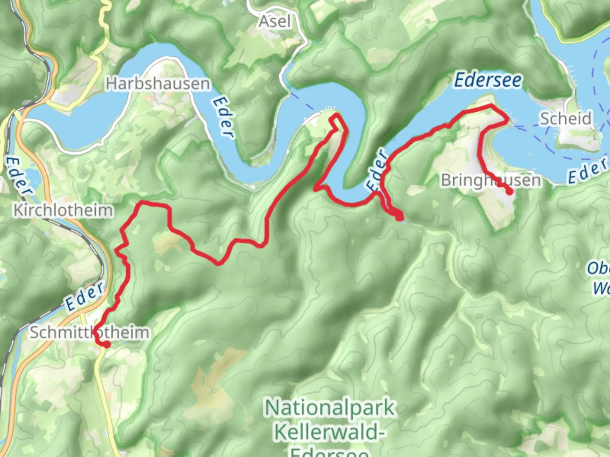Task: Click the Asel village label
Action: [275, 21]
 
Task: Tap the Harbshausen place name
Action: [158, 83]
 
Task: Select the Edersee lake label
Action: [488, 80]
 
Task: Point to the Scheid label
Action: [565, 118]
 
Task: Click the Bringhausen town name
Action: [491, 180]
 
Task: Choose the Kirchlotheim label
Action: [64, 210]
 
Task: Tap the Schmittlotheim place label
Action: [89, 333]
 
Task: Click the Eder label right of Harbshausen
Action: [223, 117]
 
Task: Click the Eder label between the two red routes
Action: [377, 170]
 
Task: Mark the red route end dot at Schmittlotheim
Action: [106, 345]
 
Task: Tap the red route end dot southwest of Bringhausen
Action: [399, 217]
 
